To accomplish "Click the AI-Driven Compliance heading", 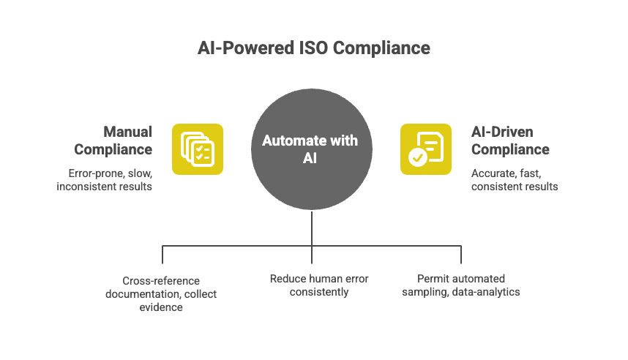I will coord(509,140).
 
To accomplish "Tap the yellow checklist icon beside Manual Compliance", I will coord(197,149).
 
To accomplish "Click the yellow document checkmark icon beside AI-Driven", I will coord(425,149).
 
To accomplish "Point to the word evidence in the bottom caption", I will coord(161,307).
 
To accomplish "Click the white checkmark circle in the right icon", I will coord(417,157).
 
